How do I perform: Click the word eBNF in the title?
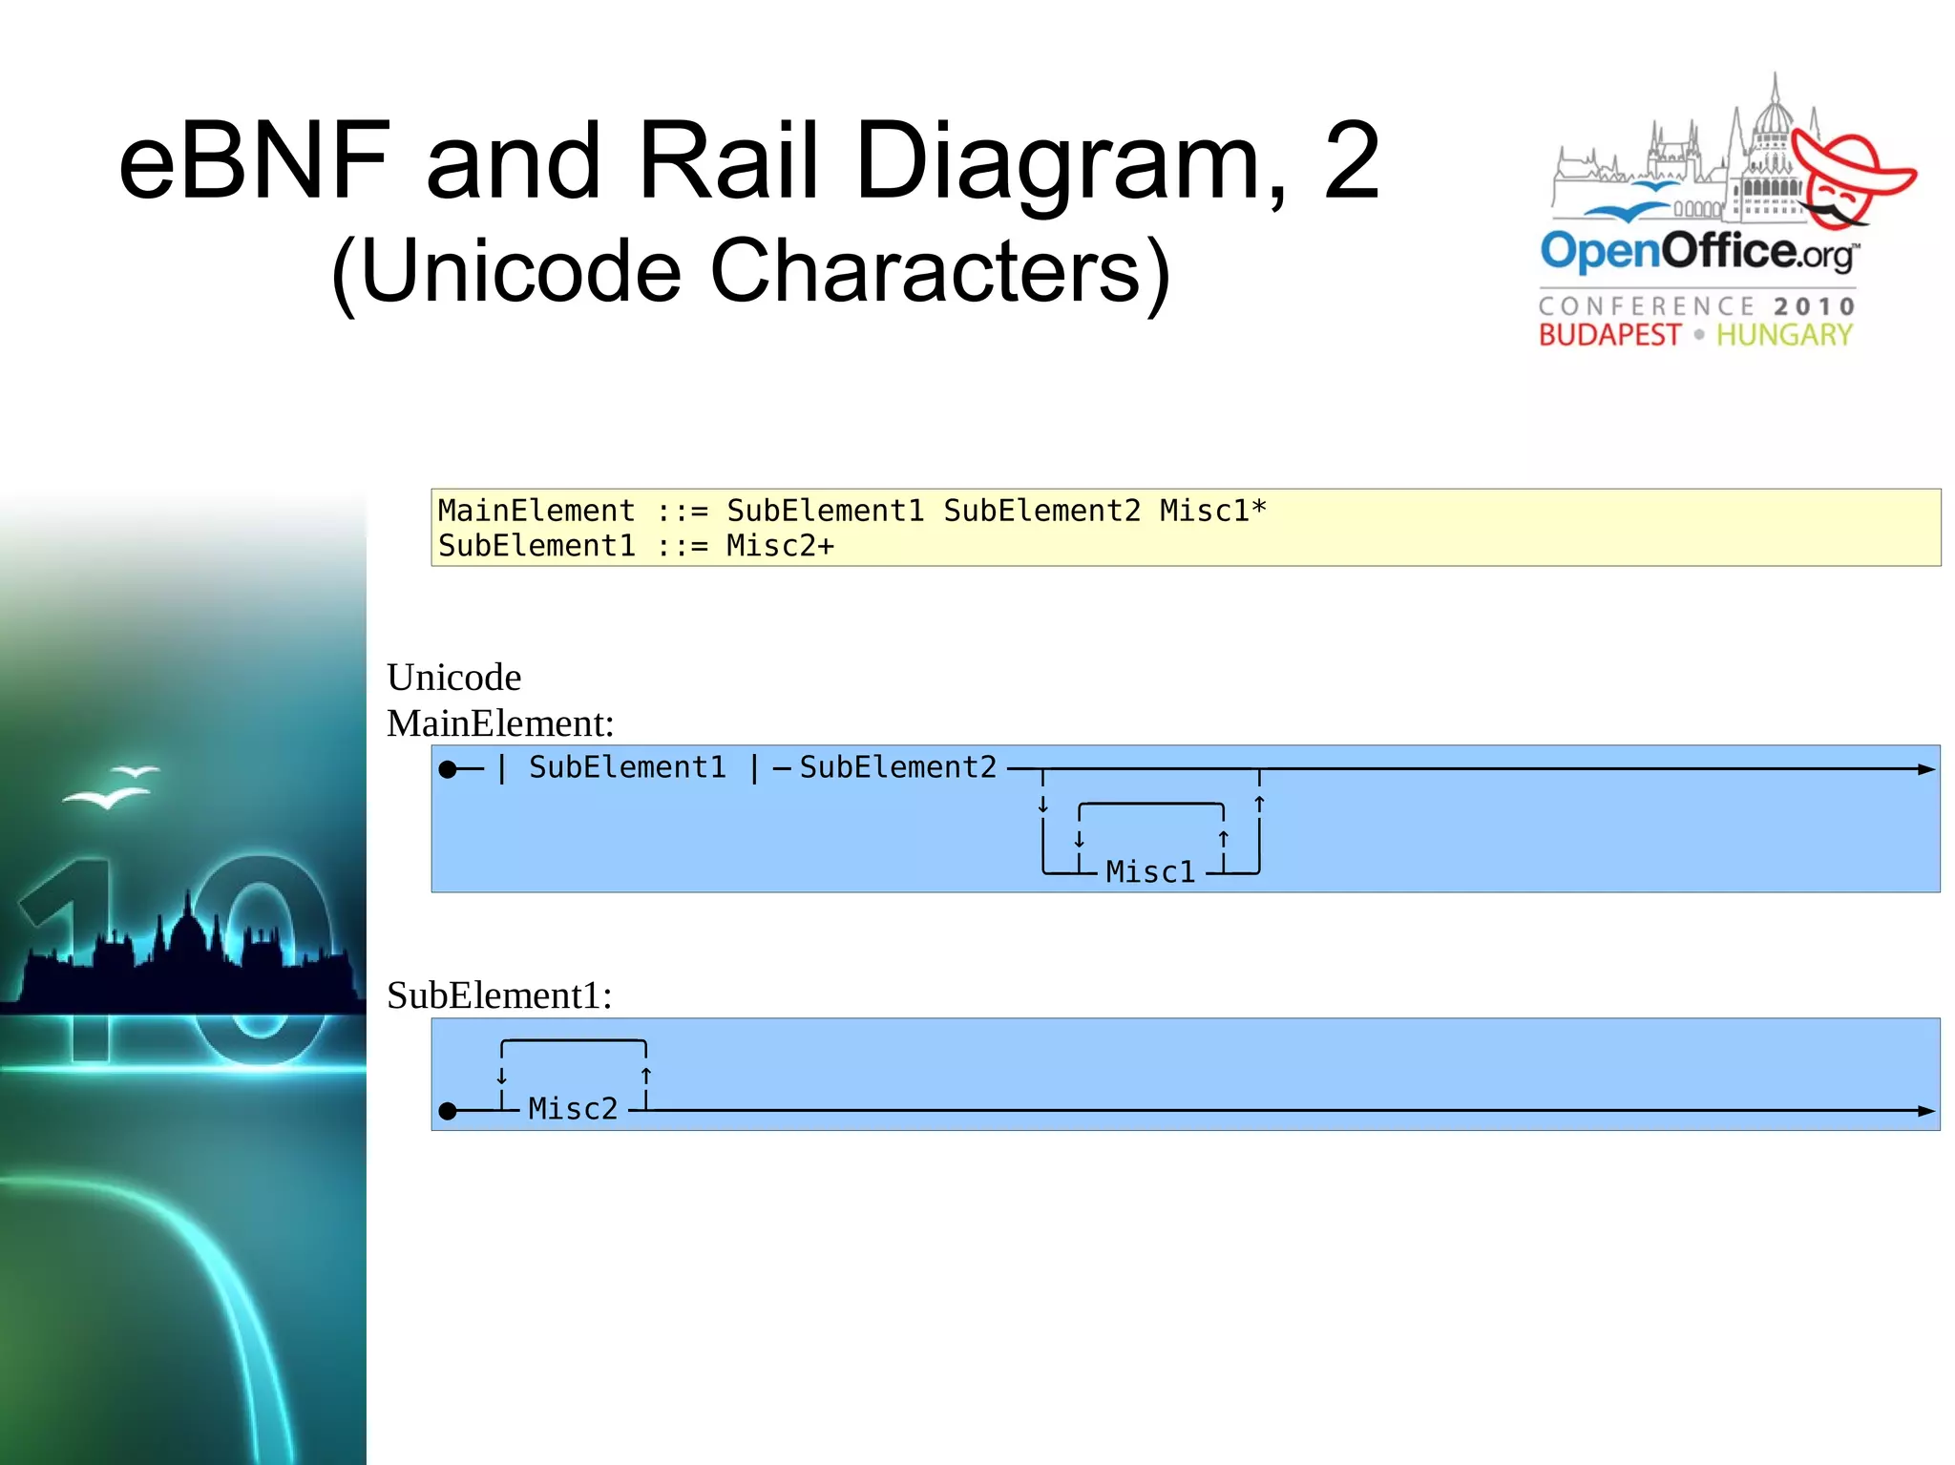point(254,161)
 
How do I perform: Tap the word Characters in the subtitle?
point(939,271)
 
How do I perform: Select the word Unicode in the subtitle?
point(520,271)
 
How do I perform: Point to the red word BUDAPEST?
point(1608,335)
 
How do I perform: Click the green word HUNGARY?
point(1784,335)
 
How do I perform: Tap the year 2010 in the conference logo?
point(1815,306)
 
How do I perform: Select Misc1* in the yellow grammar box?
point(1212,512)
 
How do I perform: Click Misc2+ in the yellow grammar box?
point(780,546)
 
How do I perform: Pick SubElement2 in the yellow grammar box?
point(1041,512)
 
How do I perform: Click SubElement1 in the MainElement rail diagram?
point(627,768)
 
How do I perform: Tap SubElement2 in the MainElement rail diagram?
point(897,768)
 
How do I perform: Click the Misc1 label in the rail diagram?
point(1150,872)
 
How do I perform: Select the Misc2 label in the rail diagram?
point(573,1109)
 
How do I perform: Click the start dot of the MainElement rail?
point(448,769)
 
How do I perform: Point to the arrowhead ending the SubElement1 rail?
point(1926,1111)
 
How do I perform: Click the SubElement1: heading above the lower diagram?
point(499,995)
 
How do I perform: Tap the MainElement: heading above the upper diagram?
point(500,723)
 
